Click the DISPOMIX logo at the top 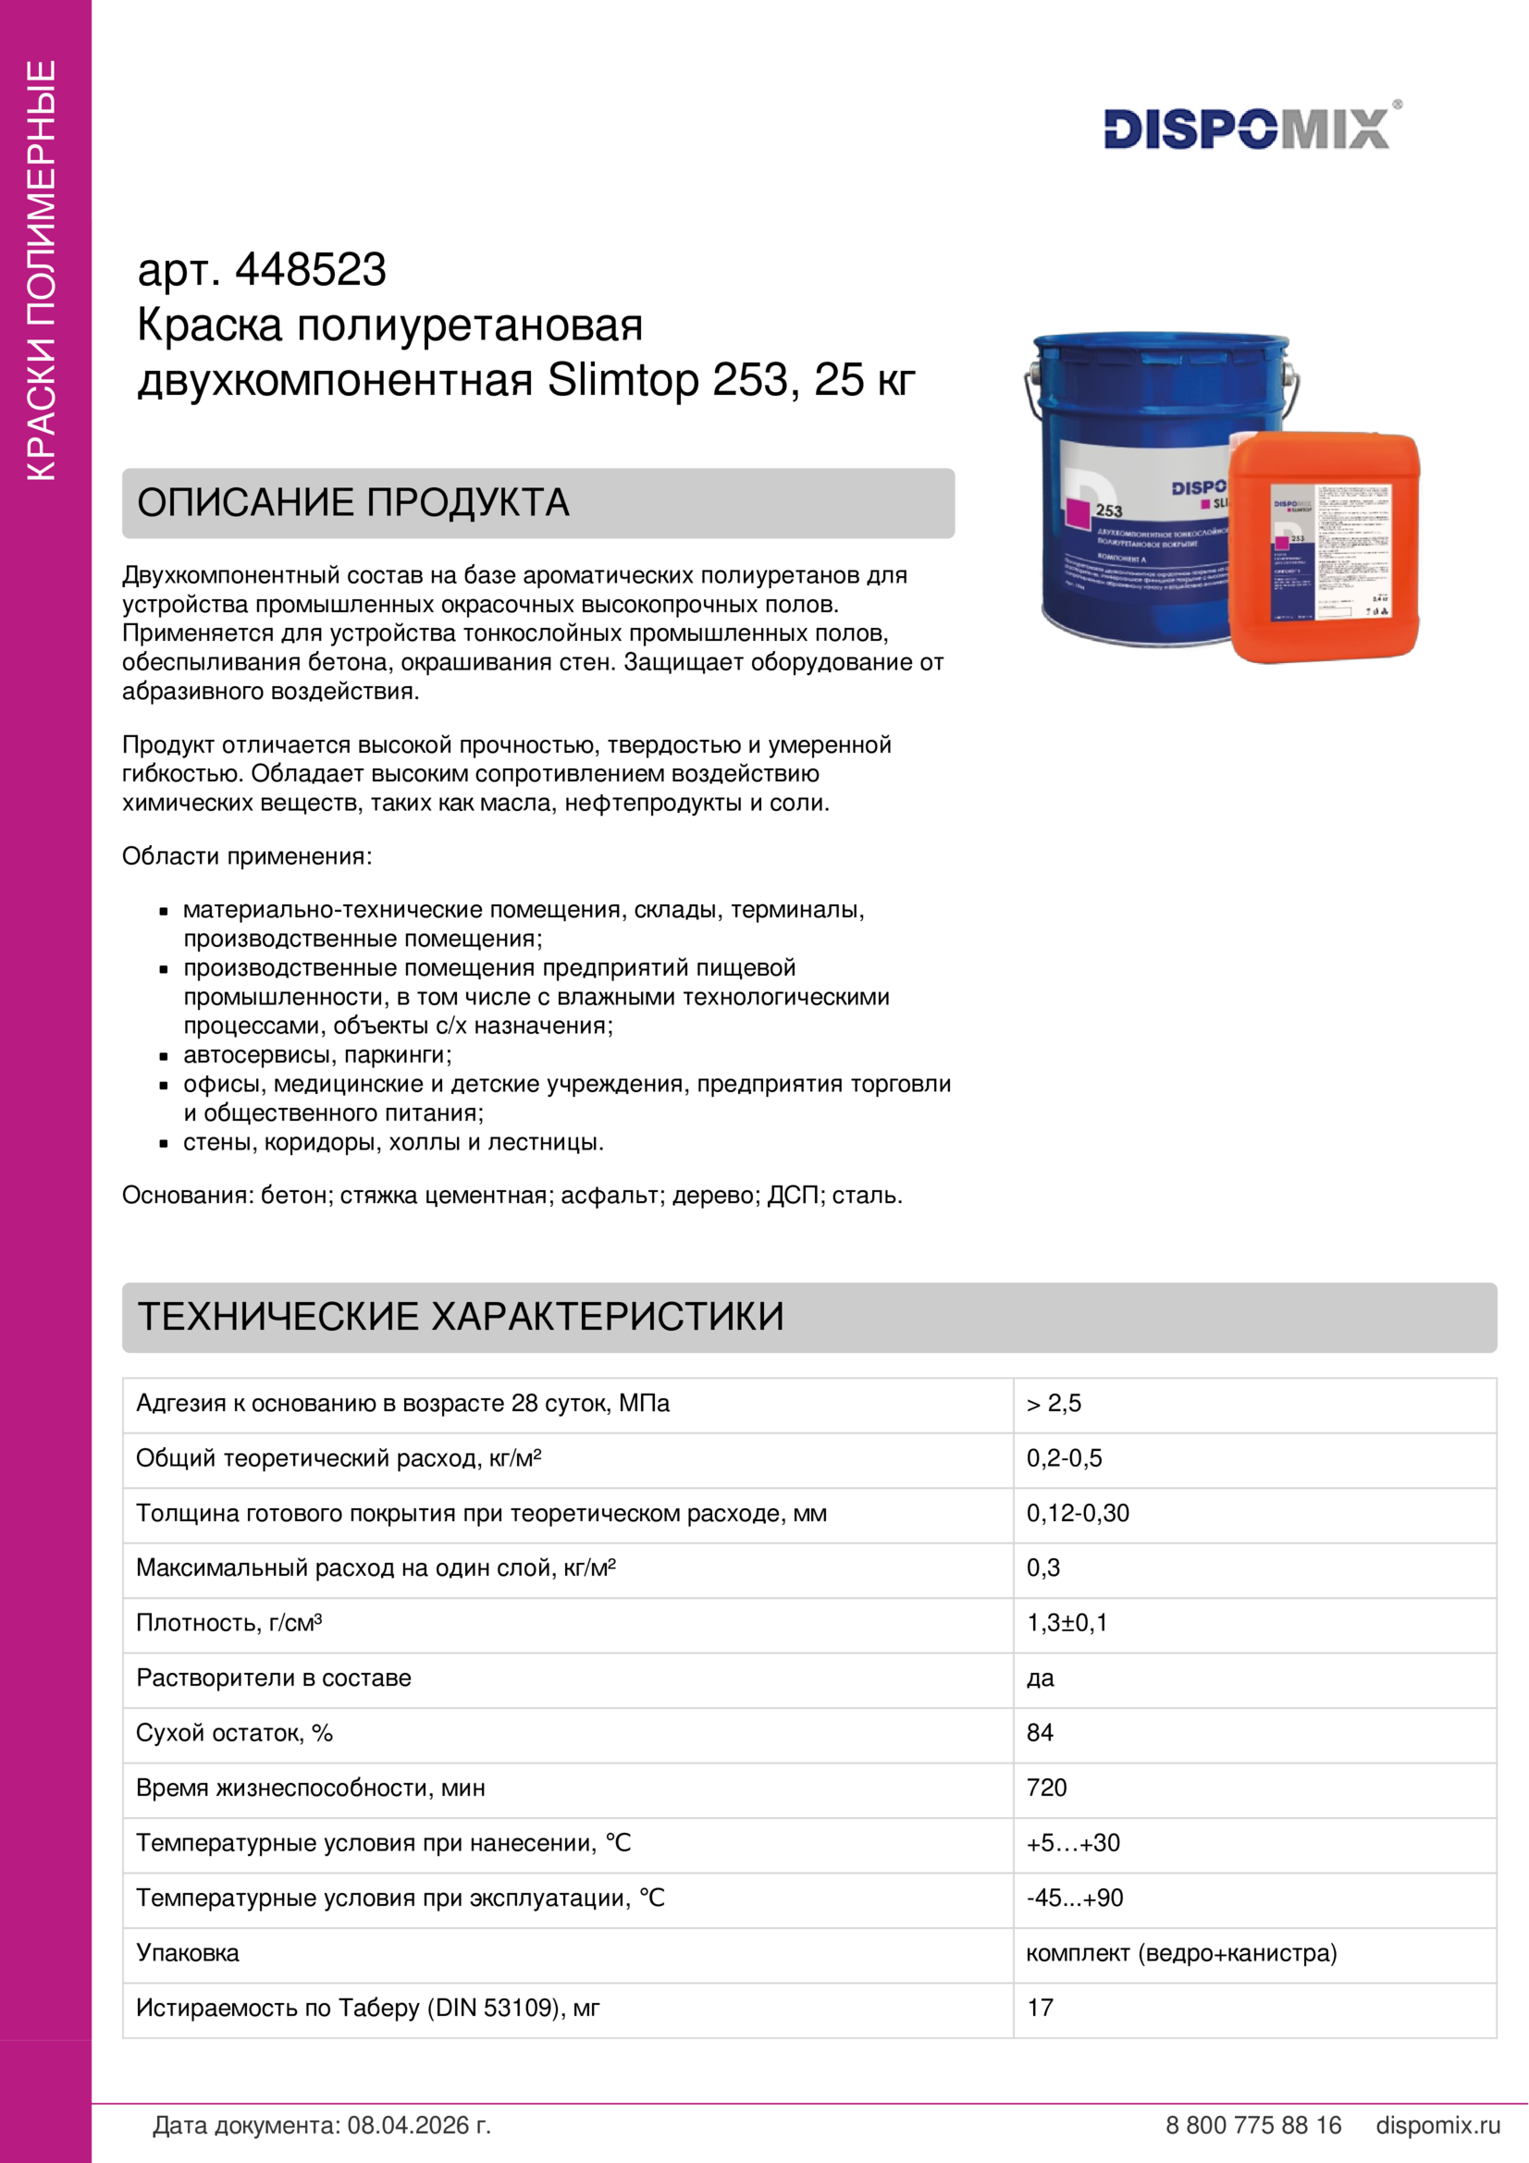[x=1247, y=129]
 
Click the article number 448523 [x=310, y=270]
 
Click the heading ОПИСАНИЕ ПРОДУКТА [x=353, y=503]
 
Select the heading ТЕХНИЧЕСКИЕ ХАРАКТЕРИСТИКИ [x=461, y=1317]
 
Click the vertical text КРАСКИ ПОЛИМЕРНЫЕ [x=43, y=270]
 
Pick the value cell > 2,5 [x=1054, y=1404]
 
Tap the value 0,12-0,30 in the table [x=1077, y=1514]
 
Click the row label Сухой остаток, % [x=235, y=1733]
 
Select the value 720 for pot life [x=1046, y=1788]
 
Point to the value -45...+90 [x=1074, y=1899]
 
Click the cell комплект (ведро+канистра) [x=1180, y=1953]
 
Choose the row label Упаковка [x=188, y=1953]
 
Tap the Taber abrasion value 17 [x=1039, y=2008]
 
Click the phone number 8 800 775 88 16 [x=1252, y=2125]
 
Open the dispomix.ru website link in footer [x=1437, y=2125]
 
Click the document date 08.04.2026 [x=417, y=2125]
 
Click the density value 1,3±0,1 [x=1067, y=1623]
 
